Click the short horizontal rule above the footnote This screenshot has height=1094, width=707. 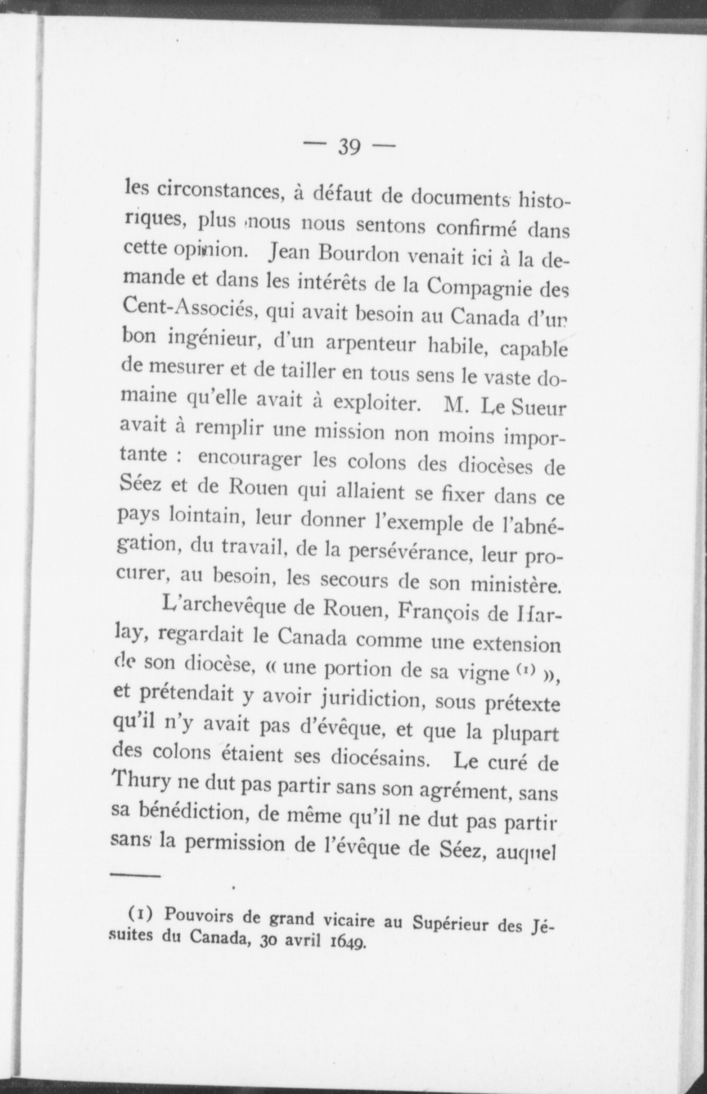135,876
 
